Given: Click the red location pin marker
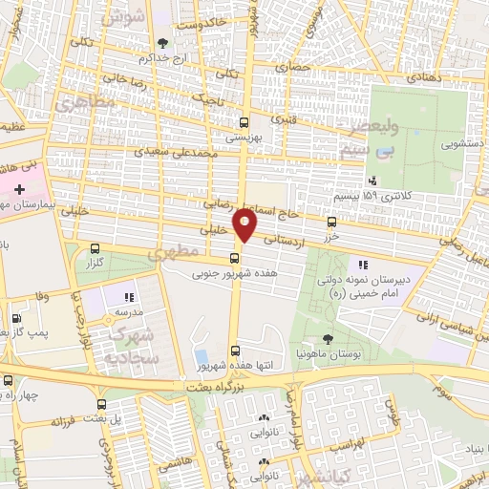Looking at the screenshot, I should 245,225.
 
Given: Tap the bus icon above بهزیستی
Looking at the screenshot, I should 244,122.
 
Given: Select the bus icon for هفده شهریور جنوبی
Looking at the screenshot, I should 235,258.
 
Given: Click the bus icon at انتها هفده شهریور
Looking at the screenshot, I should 235,351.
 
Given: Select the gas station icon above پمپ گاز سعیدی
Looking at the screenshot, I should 14,319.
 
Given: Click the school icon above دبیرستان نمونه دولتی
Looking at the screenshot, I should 361,265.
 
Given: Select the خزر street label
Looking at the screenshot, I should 331,235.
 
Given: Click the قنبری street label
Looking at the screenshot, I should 285,120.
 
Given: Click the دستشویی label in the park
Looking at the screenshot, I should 435,146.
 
